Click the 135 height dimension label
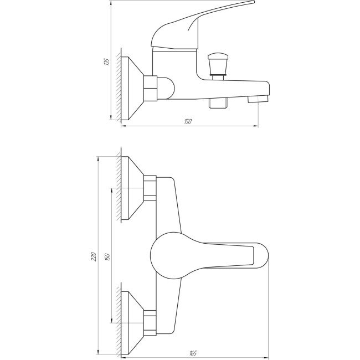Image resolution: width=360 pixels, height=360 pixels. [x=106, y=62]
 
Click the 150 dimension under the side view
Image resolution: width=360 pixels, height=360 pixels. [x=188, y=121]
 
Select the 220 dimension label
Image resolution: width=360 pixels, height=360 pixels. [x=94, y=256]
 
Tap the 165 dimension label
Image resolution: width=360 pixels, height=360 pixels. [x=193, y=353]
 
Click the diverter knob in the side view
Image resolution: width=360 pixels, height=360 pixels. [x=218, y=65]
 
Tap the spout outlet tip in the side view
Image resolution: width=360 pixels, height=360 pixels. [x=258, y=99]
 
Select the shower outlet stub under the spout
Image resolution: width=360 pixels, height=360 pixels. [x=218, y=102]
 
